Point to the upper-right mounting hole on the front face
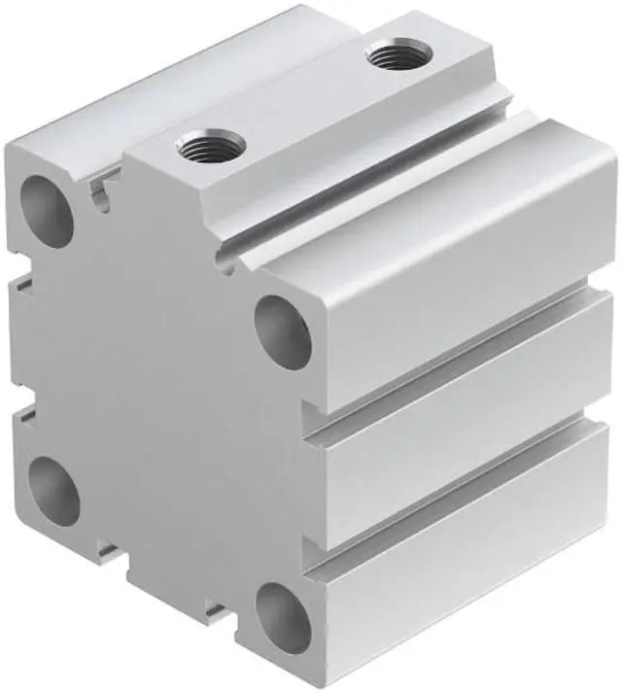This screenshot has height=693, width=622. coord(284,333)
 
